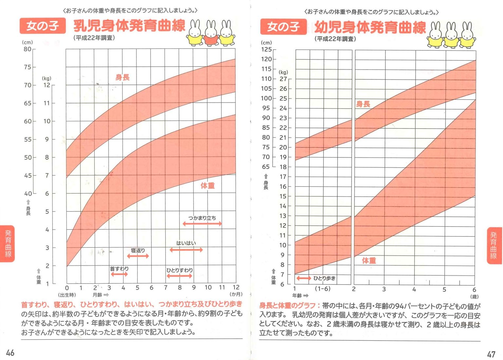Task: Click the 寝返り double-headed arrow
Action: (x=138, y=256)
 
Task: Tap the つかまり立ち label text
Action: (x=202, y=218)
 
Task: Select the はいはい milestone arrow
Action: (x=186, y=250)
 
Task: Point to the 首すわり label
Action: (x=119, y=269)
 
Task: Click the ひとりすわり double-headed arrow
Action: (x=179, y=276)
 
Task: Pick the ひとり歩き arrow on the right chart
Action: (x=304, y=278)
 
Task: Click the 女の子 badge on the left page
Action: (x=42, y=26)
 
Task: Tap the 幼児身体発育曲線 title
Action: (x=370, y=27)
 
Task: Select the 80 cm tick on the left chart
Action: (x=28, y=49)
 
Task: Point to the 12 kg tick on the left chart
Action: (x=47, y=85)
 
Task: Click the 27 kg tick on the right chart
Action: (x=283, y=79)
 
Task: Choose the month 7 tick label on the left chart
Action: (x=165, y=288)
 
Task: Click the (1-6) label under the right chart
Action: (x=323, y=289)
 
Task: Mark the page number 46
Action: (x=10, y=352)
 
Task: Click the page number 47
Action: (x=491, y=354)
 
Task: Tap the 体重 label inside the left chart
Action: (x=207, y=186)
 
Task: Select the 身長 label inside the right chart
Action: (x=363, y=104)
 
